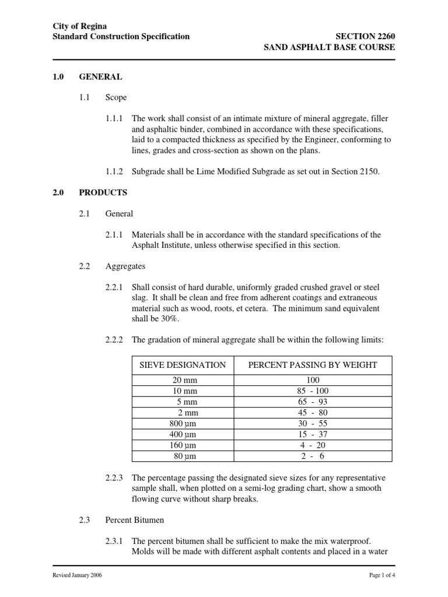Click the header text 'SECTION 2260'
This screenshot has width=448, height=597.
[365, 37]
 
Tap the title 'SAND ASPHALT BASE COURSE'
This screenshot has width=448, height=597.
[330, 48]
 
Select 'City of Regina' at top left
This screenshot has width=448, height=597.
[79, 26]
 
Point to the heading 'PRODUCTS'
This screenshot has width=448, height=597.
[103, 192]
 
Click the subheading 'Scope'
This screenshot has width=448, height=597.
[116, 98]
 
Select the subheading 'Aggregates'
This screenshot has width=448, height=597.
[125, 266]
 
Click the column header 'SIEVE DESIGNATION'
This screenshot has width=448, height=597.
[182, 365]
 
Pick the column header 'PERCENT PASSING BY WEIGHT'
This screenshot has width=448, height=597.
[313, 365]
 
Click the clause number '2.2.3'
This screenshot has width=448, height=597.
[114, 478]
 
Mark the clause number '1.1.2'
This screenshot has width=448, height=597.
[114, 172]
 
